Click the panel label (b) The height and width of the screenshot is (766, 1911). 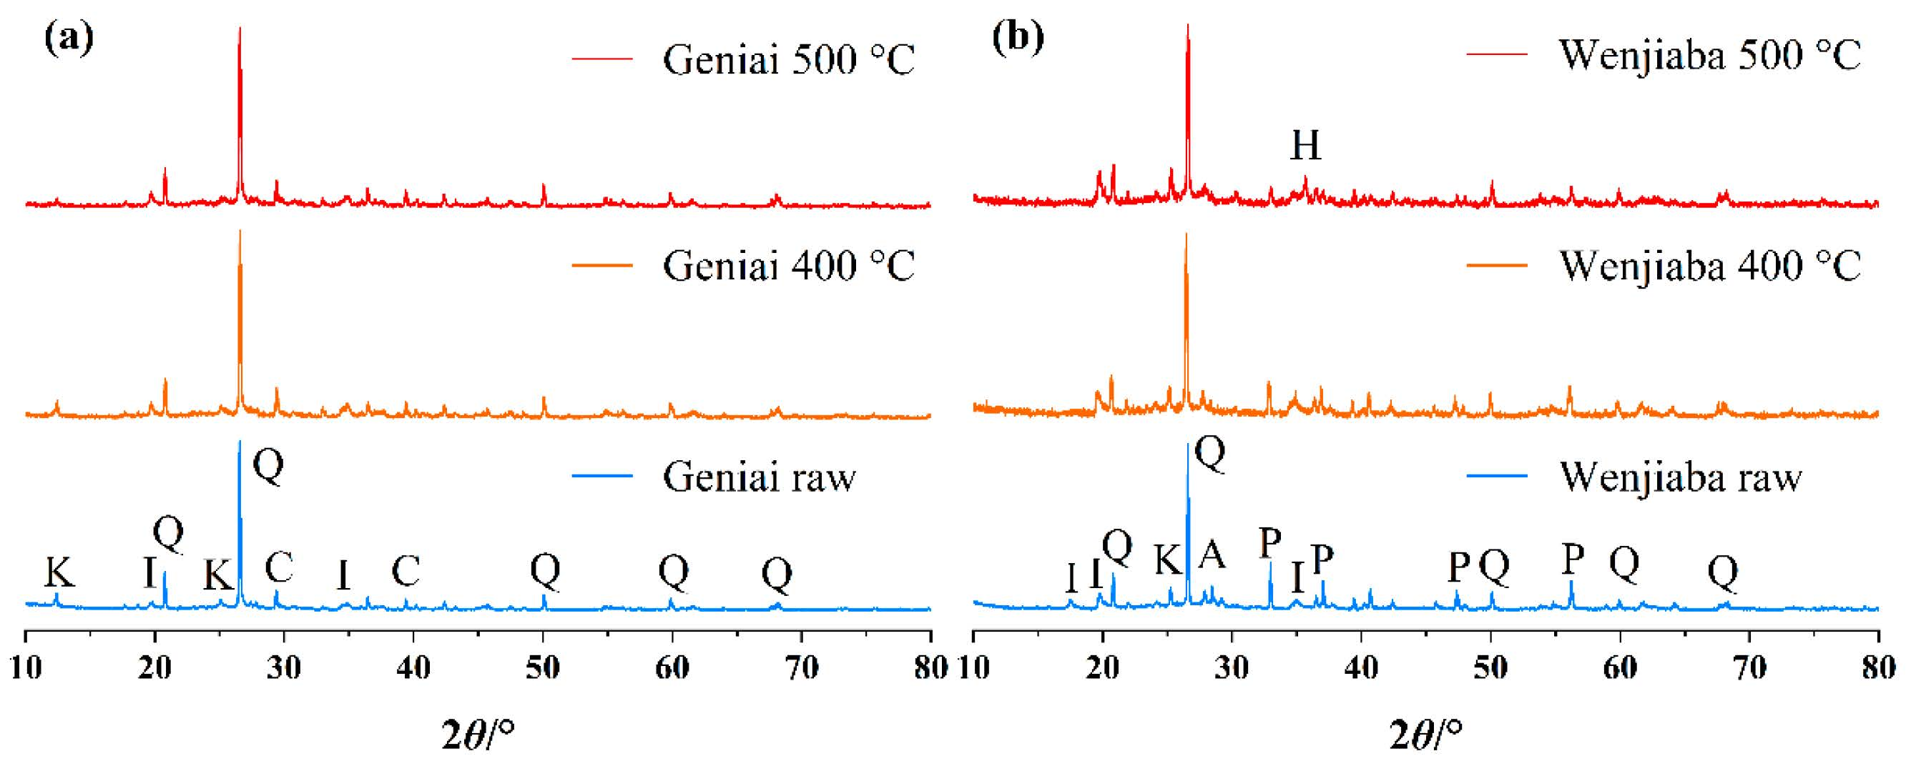(x=1018, y=38)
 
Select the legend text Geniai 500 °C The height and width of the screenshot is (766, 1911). (x=789, y=59)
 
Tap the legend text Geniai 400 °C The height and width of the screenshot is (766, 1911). (x=789, y=266)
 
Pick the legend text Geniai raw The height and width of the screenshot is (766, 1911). (x=759, y=476)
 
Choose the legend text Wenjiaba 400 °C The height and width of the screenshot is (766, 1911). (x=1710, y=266)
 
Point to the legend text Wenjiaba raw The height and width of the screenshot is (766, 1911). (x=1680, y=476)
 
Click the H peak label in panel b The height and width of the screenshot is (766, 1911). (x=1306, y=145)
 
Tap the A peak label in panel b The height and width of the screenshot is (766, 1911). (x=1212, y=554)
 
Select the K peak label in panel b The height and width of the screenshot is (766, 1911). (x=1168, y=561)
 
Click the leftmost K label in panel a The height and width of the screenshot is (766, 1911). (x=59, y=572)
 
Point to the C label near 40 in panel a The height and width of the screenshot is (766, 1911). (x=406, y=571)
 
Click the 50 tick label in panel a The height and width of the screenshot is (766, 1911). (x=543, y=669)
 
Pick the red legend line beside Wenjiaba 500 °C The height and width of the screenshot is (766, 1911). (x=1496, y=55)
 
